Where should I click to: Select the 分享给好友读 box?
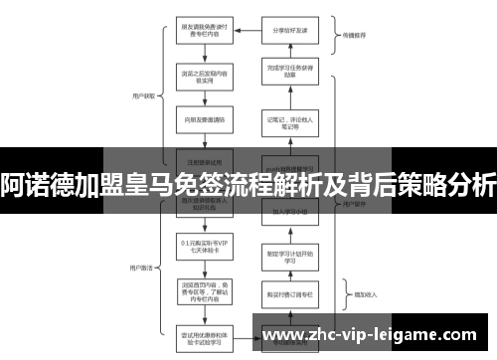tap(289, 31)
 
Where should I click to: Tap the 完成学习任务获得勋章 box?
tap(289, 71)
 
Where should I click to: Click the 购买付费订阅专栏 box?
tap(289, 293)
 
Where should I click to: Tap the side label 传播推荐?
tap(355, 34)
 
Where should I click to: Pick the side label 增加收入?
tap(355, 295)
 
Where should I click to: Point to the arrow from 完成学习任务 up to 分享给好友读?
tap(289, 51)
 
